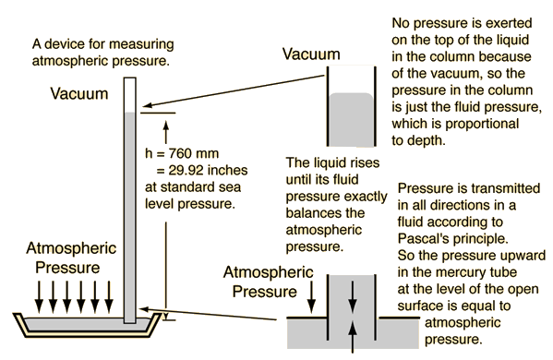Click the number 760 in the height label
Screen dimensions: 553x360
[180, 153]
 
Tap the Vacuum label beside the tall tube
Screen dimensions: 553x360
[79, 94]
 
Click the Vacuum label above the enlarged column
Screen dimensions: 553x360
[311, 54]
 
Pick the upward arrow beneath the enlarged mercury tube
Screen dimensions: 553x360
[353, 337]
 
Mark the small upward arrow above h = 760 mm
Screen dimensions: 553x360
[166, 131]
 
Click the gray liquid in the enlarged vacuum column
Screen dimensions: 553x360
[351, 119]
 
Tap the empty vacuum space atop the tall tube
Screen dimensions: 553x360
[130, 95]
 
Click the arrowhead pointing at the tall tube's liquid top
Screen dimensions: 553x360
[148, 105]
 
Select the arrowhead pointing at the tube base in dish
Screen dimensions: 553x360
[143, 309]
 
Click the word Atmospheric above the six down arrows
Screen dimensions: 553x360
[71, 249]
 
